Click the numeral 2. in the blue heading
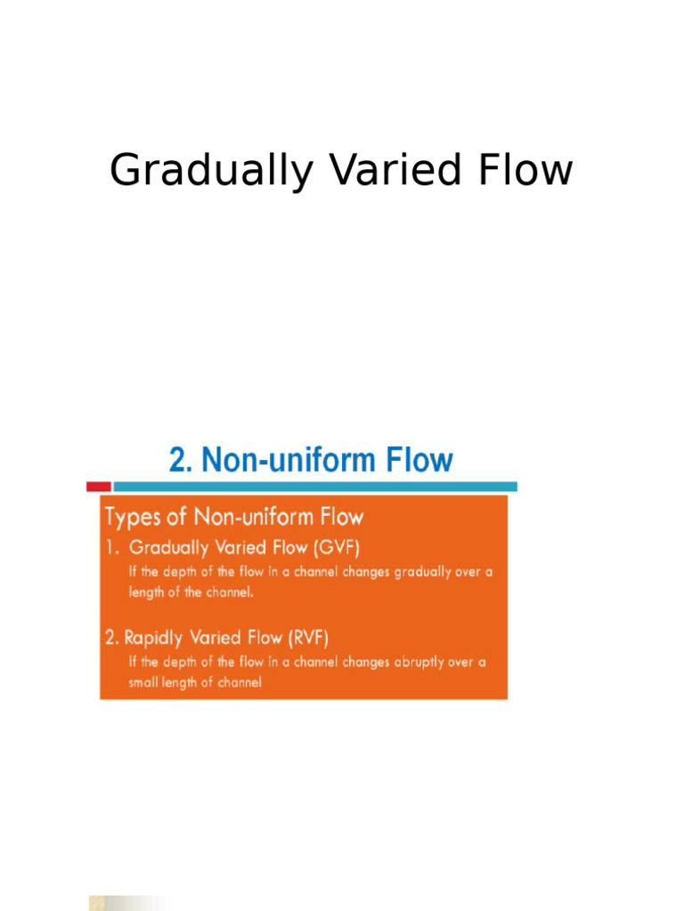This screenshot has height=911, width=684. click(x=181, y=461)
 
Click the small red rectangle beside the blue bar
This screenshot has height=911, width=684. click(x=98, y=487)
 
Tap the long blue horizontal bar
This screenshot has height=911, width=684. click(x=315, y=487)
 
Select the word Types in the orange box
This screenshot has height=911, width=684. click(x=134, y=518)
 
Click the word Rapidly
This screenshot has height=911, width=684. click(x=158, y=638)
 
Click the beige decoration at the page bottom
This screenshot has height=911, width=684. click(x=125, y=902)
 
